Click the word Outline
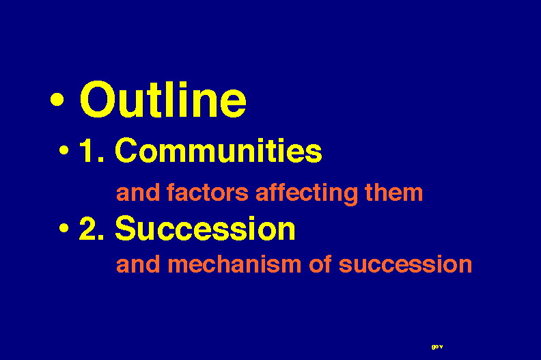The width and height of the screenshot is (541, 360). pos(163,100)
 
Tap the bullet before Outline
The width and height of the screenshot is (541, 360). pos(57,99)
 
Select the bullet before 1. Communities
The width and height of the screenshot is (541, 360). pos(64,150)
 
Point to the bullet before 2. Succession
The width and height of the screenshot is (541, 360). pos(64,227)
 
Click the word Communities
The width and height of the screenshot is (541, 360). pos(219,150)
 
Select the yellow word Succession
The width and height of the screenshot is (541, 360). pos(206,227)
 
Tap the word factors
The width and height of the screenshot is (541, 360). pos(208,192)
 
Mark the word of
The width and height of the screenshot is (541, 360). pos(320,264)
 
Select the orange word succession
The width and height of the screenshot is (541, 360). pos(405,265)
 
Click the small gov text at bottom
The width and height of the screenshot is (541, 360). pos(436,346)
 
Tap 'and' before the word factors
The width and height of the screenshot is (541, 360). pos(138,192)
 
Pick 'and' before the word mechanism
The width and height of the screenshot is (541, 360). pos(138,264)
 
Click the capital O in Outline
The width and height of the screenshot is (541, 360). pos(97,100)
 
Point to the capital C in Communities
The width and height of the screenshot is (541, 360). pos(126,150)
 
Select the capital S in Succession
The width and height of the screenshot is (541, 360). pos(126,227)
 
